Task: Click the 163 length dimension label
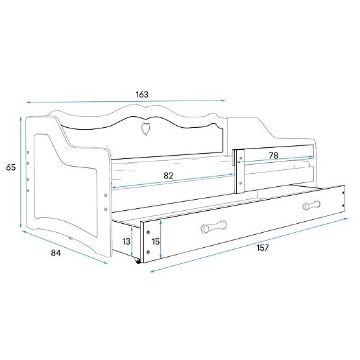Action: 142,94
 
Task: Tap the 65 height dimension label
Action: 11,167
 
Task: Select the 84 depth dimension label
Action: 56,253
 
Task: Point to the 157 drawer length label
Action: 263,248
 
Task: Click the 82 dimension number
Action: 168,176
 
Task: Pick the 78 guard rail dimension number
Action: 274,156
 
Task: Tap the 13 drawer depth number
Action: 126,241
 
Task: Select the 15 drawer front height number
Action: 156,241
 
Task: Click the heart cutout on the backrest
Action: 145,128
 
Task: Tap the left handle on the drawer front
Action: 213,226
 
